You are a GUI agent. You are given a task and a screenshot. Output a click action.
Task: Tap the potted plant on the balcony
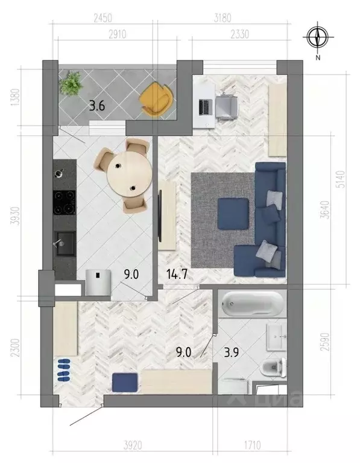[72, 83]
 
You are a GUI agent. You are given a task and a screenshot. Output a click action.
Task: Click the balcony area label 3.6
[97, 106]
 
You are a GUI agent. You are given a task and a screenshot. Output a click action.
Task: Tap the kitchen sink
[63, 243]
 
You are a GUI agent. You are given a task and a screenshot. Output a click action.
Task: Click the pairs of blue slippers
[63, 369]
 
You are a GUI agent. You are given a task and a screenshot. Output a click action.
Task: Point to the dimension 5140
[341, 179]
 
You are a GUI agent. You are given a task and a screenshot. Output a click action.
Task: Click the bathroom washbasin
[278, 336]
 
